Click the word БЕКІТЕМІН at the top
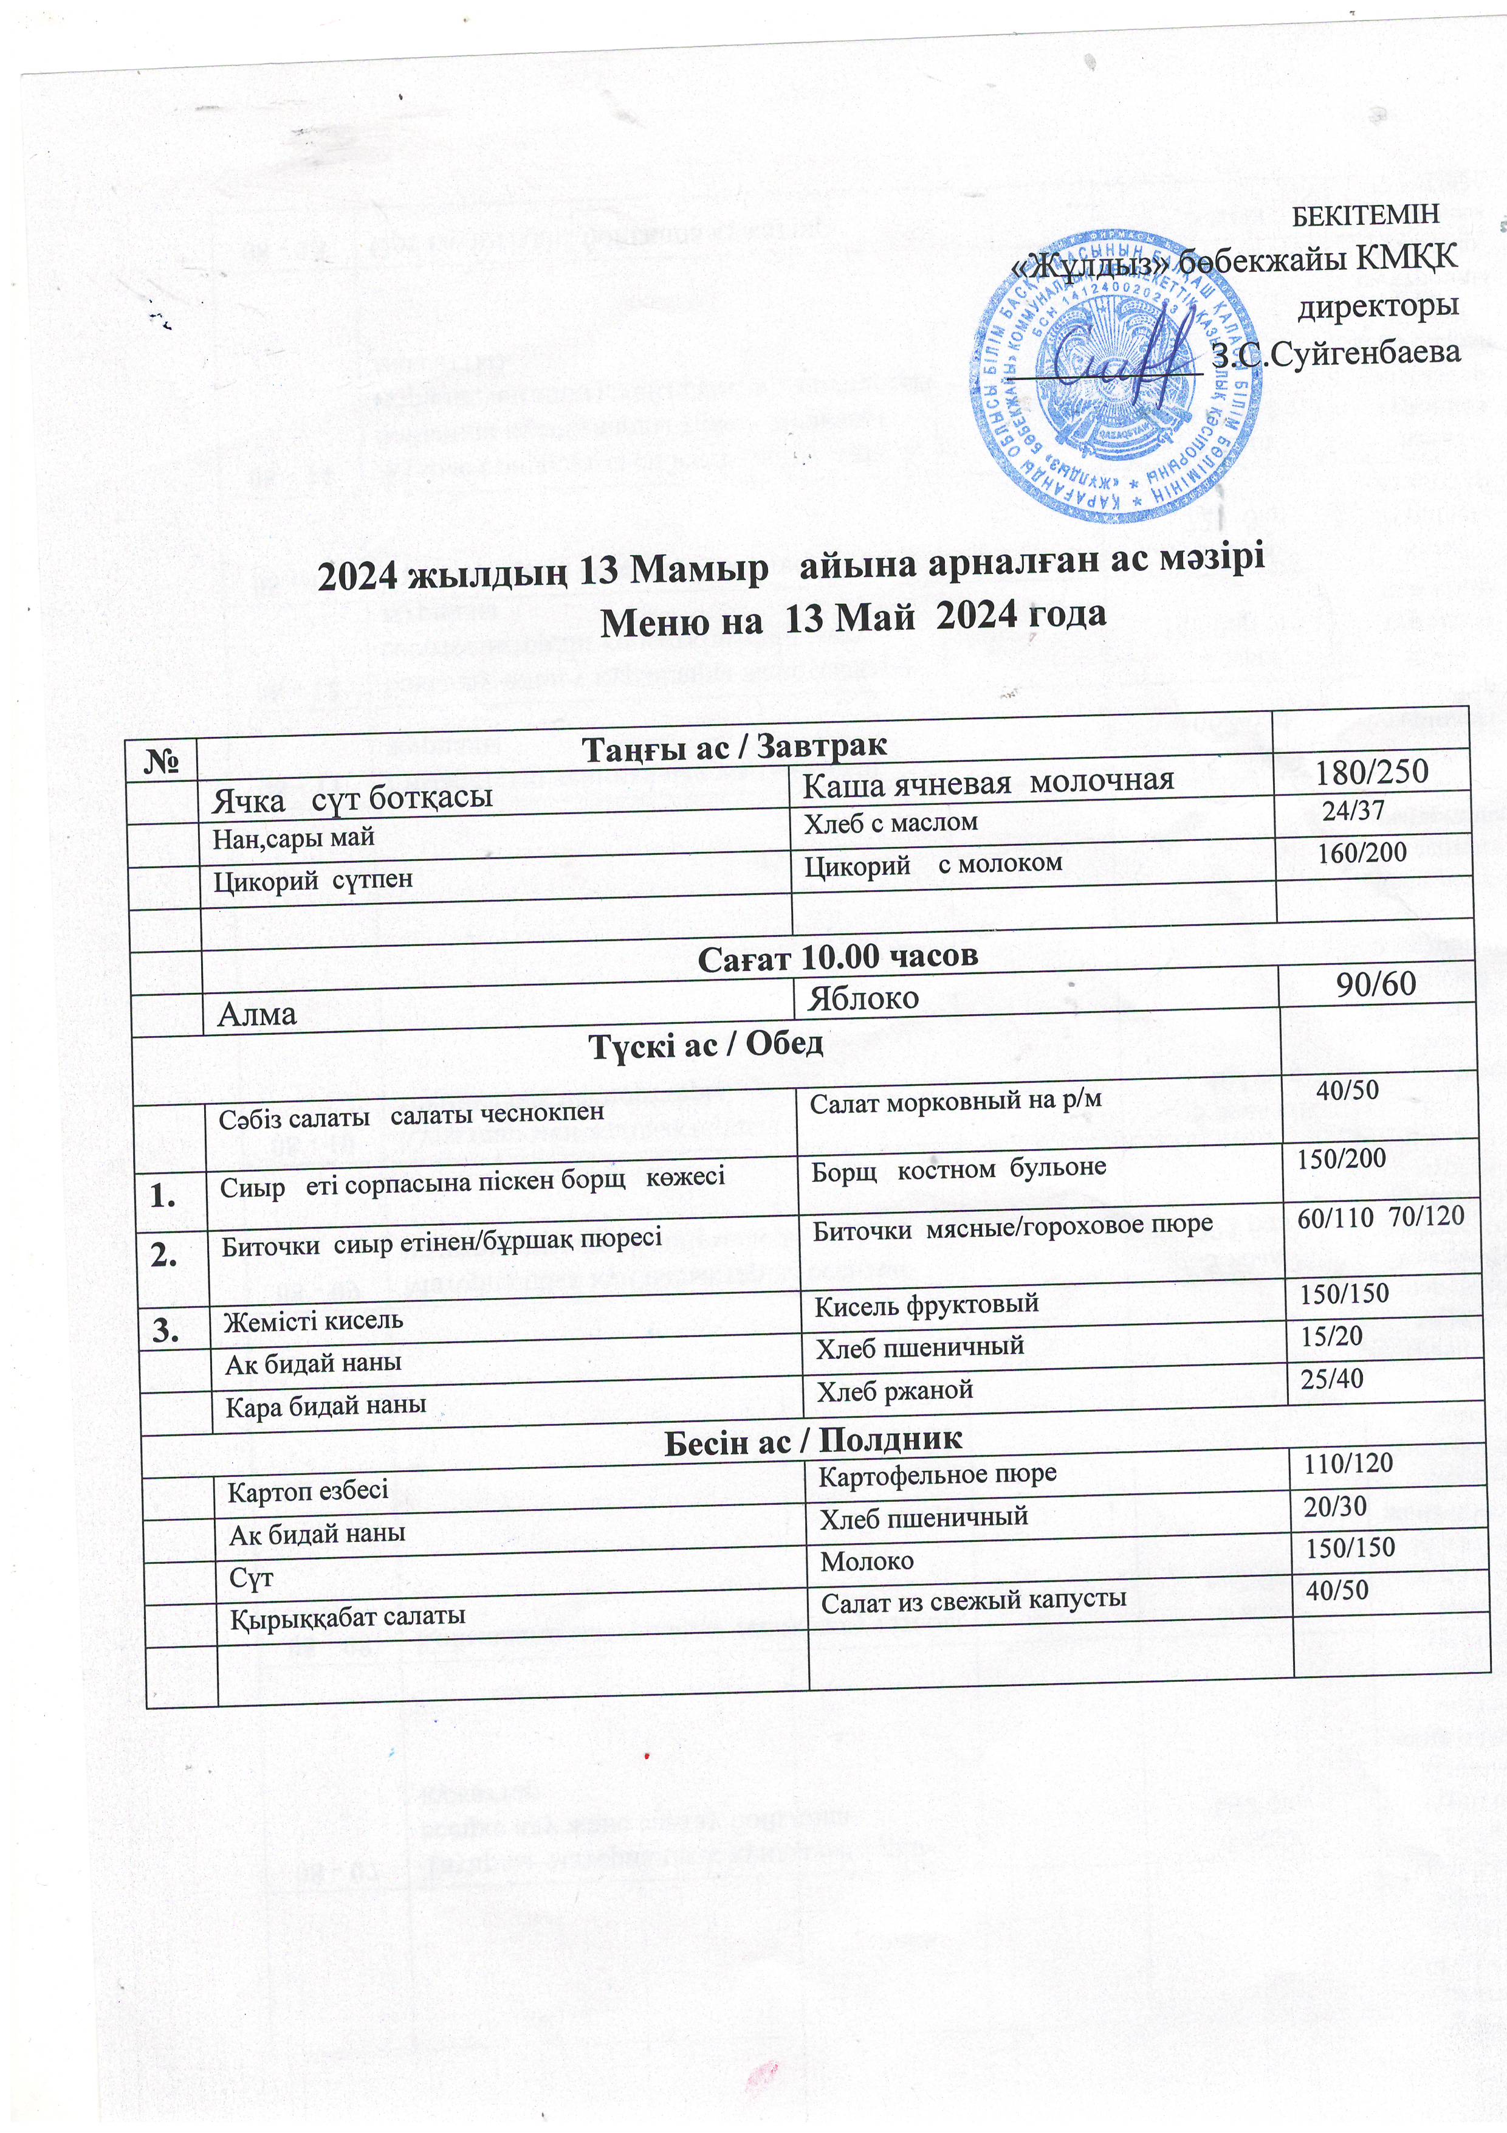click(x=1366, y=213)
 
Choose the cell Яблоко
click(x=863, y=998)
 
